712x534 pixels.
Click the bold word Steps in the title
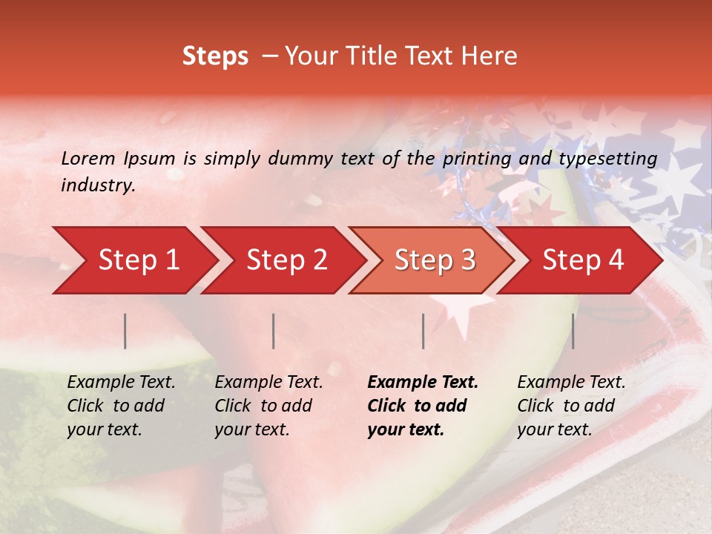pyautogui.click(x=215, y=56)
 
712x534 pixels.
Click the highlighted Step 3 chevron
pyautogui.click(x=435, y=260)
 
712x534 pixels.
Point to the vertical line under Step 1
pyautogui.click(x=125, y=331)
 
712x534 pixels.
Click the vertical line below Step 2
pyautogui.click(x=274, y=331)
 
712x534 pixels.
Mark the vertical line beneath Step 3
pyautogui.click(x=423, y=331)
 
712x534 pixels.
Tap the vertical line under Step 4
pyautogui.click(x=573, y=331)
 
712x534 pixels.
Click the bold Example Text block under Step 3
pyautogui.click(x=423, y=406)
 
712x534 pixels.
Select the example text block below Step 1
pyautogui.click(x=121, y=406)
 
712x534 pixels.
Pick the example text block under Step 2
pyautogui.click(x=268, y=406)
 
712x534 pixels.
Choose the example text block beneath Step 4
pyautogui.click(x=571, y=406)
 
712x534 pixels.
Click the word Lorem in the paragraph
pyautogui.click(x=88, y=159)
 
